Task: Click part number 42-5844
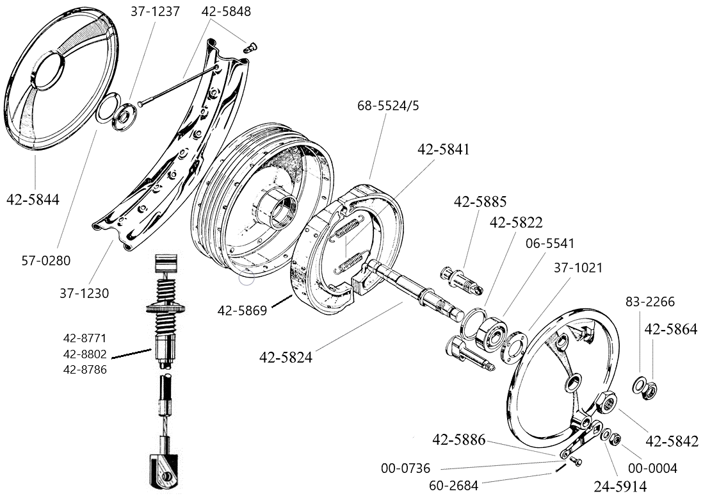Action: click(33, 199)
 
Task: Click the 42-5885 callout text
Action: click(480, 201)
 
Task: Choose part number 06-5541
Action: click(550, 244)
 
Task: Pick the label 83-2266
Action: click(649, 302)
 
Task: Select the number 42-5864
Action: click(670, 329)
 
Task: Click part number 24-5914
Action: click(620, 485)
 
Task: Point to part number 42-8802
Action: click(85, 354)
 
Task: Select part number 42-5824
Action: click(286, 358)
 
